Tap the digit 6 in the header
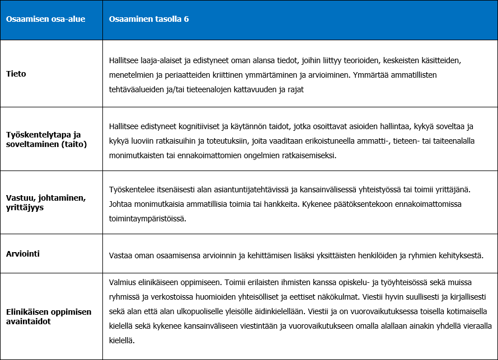tap(186, 20)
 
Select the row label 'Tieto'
tap(16, 74)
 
